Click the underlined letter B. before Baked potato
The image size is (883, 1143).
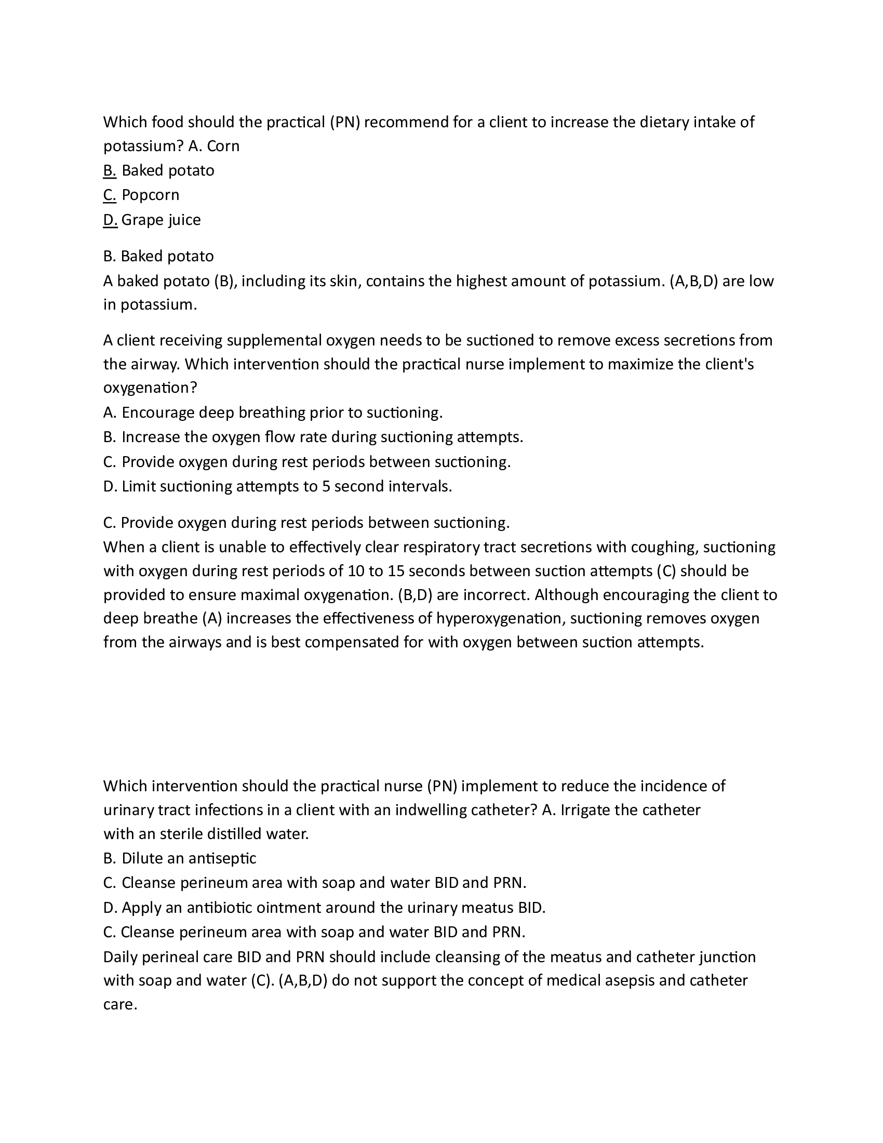[x=109, y=170]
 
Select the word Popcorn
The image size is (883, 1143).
[x=150, y=195]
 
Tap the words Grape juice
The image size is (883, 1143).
[x=160, y=220]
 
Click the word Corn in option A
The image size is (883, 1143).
[x=223, y=146]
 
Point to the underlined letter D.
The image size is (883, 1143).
[x=110, y=220]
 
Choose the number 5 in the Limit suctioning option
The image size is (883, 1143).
[x=326, y=487]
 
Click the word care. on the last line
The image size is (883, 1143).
[x=120, y=1004]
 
